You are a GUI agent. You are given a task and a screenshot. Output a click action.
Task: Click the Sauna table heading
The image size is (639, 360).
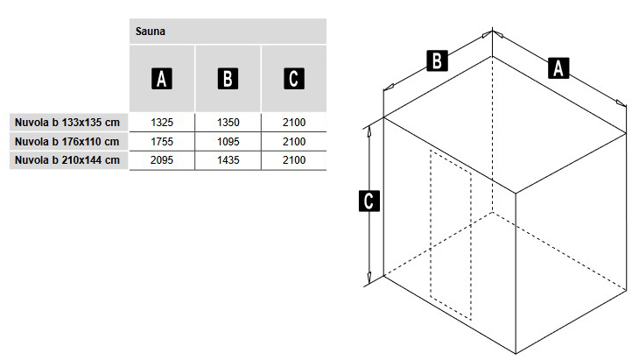(x=151, y=32)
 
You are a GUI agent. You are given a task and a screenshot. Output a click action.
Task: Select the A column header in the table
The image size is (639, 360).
(x=162, y=79)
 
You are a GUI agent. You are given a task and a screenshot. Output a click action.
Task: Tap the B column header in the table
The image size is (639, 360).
(x=228, y=79)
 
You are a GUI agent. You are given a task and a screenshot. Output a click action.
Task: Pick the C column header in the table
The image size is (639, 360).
(x=294, y=79)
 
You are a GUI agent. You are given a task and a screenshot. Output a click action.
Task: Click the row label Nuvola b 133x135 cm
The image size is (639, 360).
(x=67, y=123)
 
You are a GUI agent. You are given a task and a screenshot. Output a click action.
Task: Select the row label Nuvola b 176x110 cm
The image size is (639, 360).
(x=67, y=142)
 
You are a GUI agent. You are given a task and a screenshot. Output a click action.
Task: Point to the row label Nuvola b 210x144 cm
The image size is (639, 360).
(x=67, y=159)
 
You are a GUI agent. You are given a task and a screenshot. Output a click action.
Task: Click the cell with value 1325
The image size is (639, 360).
(x=162, y=123)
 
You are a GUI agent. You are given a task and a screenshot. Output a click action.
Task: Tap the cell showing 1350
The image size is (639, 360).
(x=228, y=123)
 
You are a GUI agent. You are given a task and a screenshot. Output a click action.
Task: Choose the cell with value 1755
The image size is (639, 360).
(x=162, y=142)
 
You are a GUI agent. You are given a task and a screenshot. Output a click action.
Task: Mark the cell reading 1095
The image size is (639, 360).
(x=228, y=142)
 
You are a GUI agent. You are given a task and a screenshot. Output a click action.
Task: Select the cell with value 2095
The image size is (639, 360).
(x=162, y=159)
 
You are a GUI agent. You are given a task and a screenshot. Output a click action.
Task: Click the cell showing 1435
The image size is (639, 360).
(x=228, y=159)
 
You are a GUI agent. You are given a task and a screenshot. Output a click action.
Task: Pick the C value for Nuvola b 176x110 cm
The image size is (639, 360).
(x=294, y=142)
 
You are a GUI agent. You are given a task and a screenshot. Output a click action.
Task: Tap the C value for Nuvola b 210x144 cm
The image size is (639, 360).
(x=294, y=159)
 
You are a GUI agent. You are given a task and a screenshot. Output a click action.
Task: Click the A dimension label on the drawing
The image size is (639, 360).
(x=558, y=68)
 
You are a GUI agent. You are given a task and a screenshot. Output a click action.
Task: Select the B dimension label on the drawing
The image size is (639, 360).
(x=437, y=60)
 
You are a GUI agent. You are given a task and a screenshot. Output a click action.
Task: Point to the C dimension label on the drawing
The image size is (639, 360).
(x=369, y=201)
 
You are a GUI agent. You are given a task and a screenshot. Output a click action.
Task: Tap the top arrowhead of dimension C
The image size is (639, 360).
(x=369, y=131)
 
